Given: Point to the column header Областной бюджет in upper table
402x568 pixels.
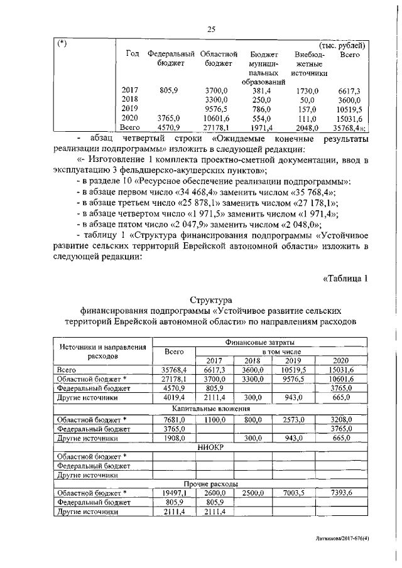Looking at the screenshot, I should pos(219,59).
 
